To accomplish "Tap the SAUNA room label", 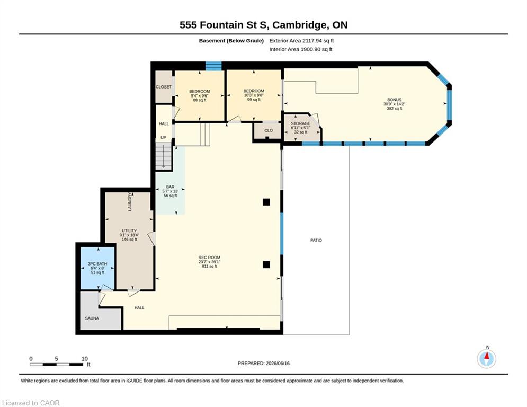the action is click(x=92, y=318).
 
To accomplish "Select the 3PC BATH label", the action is click(x=97, y=264).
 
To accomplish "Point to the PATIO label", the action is click(x=316, y=240).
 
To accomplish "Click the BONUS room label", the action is click(x=394, y=100).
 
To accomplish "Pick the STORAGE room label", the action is click(x=300, y=123).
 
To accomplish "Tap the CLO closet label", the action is click(x=269, y=130).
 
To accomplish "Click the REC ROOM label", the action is click(x=209, y=258).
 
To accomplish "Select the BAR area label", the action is click(x=170, y=187).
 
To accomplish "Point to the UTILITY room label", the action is click(x=129, y=231).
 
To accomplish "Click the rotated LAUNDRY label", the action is click(x=130, y=202).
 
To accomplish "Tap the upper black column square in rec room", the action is click(x=266, y=202).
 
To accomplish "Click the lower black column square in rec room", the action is click(x=266, y=264).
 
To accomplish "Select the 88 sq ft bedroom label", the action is click(x=199, y=100).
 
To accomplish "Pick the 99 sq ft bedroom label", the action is click(x=254, y=100).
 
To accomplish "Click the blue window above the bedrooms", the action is click(x=213, y=66).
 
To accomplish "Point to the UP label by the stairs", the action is click(x=163, y=138).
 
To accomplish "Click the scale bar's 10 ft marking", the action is click(x=84, y=359).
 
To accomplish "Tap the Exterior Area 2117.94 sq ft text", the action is click(x=301, y=41).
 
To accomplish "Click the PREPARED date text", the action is click(x=264, y=363).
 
